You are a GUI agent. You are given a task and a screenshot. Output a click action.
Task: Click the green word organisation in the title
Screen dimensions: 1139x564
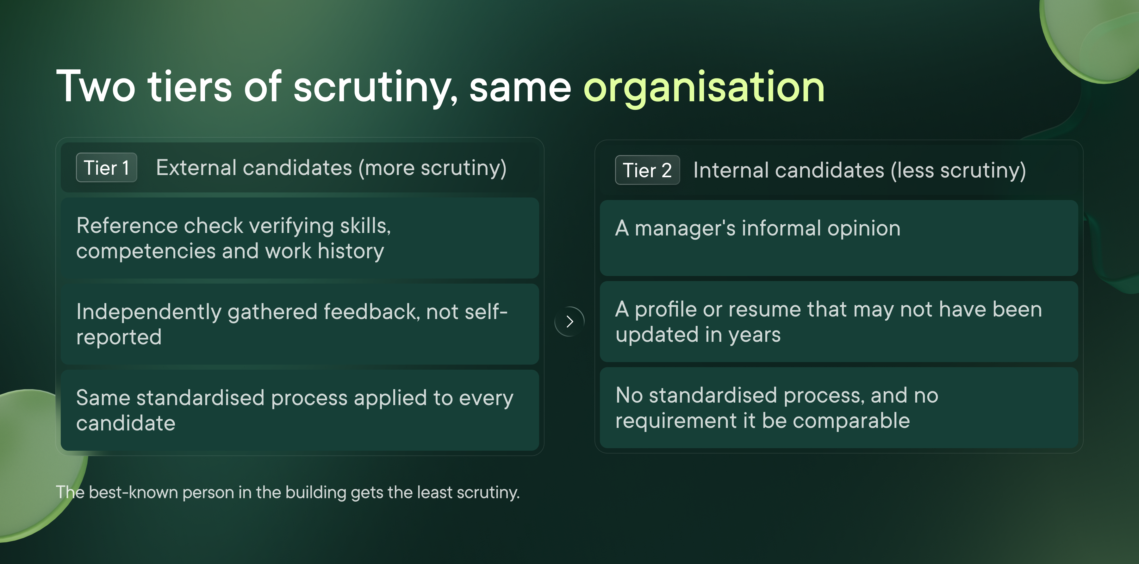pos(704,88)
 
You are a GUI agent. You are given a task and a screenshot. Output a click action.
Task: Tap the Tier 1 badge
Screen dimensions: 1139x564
pos(107,168)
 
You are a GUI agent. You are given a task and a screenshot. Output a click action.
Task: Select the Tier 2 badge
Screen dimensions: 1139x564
pos(647,170)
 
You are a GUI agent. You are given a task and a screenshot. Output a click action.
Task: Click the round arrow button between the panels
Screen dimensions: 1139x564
pos(569,322)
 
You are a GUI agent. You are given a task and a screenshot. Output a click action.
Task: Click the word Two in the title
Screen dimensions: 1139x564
pos(96,87)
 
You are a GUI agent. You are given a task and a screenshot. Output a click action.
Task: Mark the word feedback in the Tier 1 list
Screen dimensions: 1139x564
pos(371,311)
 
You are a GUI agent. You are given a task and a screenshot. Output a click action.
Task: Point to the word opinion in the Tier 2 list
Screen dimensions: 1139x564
pos(863,228)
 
